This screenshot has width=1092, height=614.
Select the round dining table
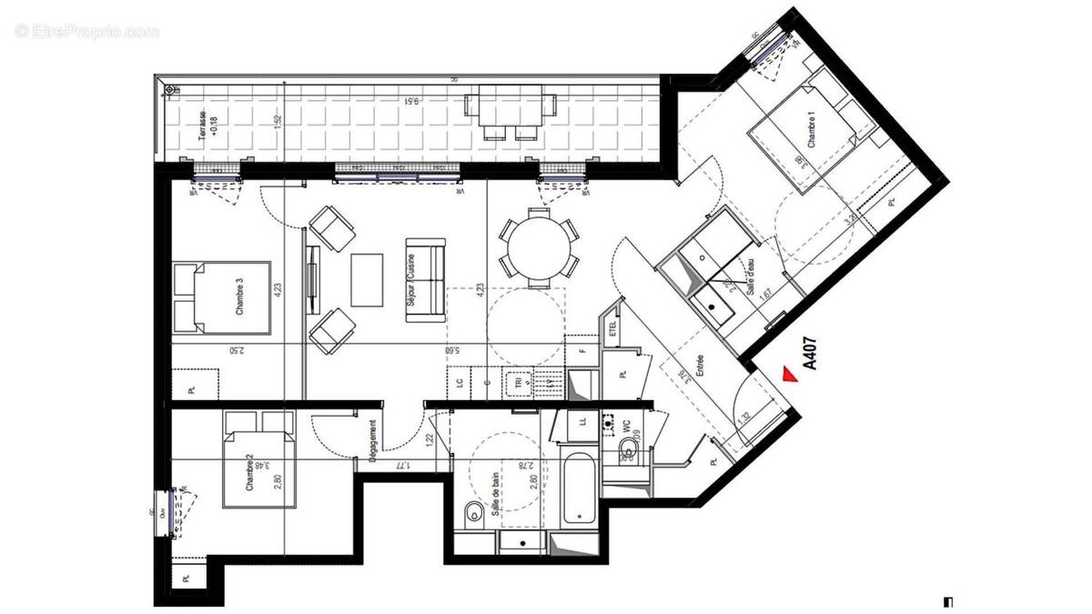541,247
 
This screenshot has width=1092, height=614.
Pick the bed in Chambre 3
223,298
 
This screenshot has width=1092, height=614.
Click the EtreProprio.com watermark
87,32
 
